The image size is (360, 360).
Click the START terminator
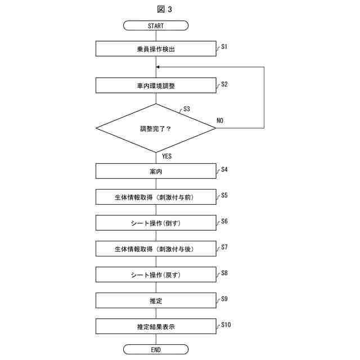(x=156, y=26)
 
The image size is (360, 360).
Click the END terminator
(x=156, y=349)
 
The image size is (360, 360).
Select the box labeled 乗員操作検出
(x=156, y=49)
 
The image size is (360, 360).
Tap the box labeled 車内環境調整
(x=156, y=85)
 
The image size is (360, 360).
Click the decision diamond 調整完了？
(x=156, y=128)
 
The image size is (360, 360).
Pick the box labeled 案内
(x=156, y=171)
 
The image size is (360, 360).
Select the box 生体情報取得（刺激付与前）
(x=156, y=197)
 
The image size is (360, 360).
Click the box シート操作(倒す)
(x=156, y=223)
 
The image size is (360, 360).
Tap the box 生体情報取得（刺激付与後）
(x=156, y=249)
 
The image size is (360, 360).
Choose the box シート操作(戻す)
(x=156, y=274)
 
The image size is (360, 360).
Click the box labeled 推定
(x=156, y=300)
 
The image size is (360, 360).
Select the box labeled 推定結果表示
(x=156, y=326)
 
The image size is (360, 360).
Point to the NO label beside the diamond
(x=220, y=120)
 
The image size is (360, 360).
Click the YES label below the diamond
(x=166, y=156)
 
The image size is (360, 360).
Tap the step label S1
(x=224, y=47)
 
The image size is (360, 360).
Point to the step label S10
(x=226, y=325)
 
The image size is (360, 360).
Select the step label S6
(x=224, y=221)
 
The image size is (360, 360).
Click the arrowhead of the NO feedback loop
(x=159, y=67)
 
